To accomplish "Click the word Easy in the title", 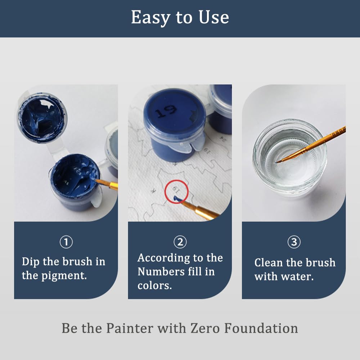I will coord(148,17).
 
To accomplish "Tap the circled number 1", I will coord(66,242).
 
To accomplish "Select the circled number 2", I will coord(180,242).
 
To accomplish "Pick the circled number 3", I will coord(294,242).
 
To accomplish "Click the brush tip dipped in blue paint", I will coord(96,179).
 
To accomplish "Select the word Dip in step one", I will coord(30,261).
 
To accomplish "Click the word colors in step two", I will coord(154,285).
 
